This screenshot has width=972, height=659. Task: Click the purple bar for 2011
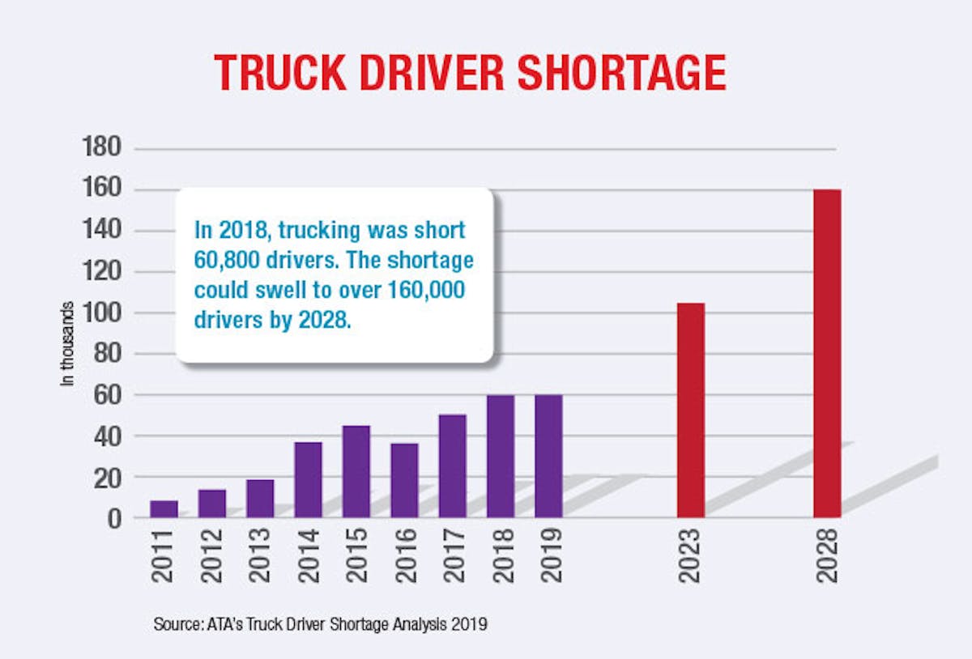pyautogui.click(x=164, y=509)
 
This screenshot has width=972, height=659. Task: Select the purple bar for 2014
pyautogui.click(x=308, y=479)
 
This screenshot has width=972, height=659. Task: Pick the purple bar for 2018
pyautogui.click(x=500, y=457)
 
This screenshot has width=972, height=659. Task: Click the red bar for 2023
pyautogui.click(x=691, y=410)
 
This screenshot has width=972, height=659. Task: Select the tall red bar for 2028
pyautogui.click(x=827, y=354)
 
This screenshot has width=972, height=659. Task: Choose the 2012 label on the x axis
pyautogui.click(x=212, y=556)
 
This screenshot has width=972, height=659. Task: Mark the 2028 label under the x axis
pyautogui.click(x=827, y=556)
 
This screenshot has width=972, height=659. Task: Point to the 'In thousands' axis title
pyautogui.click(x=69, y=344)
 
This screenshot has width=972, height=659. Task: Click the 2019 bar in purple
pyautogui.click(x=548, y=457)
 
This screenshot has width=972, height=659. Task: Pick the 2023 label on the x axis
pyautogui.click(x=691, y=556)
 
